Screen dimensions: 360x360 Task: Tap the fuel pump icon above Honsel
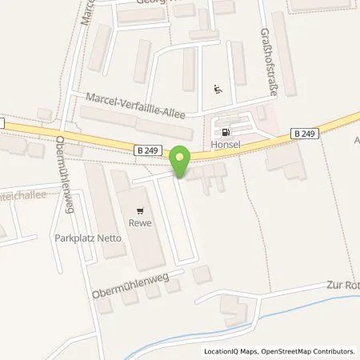(x=226, y=133)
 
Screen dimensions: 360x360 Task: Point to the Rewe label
(x=141, y=225)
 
